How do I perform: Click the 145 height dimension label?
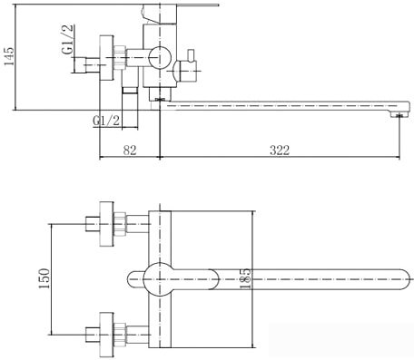tap(8, 56)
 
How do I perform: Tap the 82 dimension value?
tap(130, 150)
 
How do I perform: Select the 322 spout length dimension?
tap(280, 150)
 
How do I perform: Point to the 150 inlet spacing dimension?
tap(44, 278)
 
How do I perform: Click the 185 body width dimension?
tap(245, 278)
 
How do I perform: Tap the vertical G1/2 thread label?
tap(68, 39)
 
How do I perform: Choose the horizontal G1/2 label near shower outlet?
tap(106, 122)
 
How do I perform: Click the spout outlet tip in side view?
tap(399, 114)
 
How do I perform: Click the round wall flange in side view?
tap(107, 58)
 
